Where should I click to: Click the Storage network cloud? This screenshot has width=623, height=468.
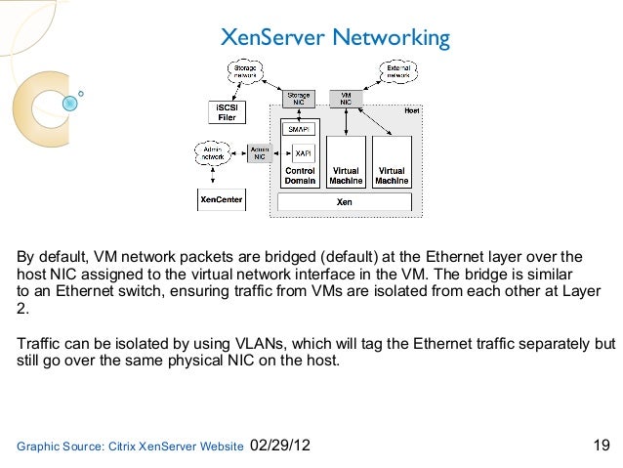click(x=246, y=69)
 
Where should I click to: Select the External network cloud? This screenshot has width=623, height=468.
click(x=397, y=69)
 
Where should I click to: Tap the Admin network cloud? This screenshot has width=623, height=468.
click(x=213, y=153)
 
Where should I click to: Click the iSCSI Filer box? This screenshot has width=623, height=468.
click(x=226, y=112)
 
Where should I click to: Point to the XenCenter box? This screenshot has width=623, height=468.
click(x=222, y=199)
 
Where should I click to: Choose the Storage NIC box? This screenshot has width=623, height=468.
click(x=299, y=99)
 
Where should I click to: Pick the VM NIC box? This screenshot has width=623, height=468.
click(x=346, y=99)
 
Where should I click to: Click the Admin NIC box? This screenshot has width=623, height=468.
click(x=260, y=153)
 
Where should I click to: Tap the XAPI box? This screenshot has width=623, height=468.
click(x=303, y=153)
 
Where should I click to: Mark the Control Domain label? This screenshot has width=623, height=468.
click(x=300, y=176)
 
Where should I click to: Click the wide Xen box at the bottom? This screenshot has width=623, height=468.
click(x=345, y=201)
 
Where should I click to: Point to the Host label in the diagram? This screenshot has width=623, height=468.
click(x=411, y=111)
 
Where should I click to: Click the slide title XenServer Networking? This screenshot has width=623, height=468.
click(x=335, y=38)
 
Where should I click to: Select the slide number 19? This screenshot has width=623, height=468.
click(x=602, y=447)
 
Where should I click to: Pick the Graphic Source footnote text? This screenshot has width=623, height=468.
click(x=130, y=447)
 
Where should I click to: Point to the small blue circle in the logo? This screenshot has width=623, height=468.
click(x=80, y=95)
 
